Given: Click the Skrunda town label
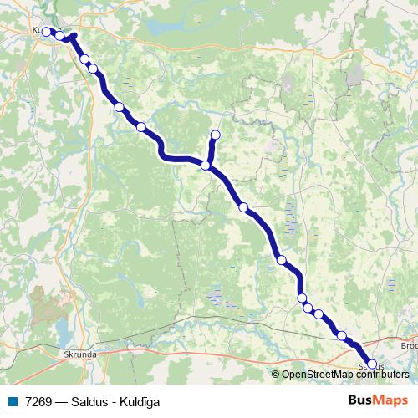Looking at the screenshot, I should click(x=81, y=354).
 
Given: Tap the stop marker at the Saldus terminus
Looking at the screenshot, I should click(x=371, y=364).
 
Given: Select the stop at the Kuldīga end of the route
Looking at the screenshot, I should click(x=47, y=32).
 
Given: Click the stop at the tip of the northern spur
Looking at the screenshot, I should click(x=216, y=135).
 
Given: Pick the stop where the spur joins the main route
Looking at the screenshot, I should click(x=206, y=166).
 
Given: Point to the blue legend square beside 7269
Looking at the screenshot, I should click(x=12, y=402).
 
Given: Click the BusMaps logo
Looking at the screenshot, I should click(x=378, y=400).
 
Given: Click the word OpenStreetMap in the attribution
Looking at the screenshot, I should click(x=317, y=375).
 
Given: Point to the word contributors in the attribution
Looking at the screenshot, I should click(x=382, y=375).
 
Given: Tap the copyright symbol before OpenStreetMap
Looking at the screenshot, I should click(x=275, y=375).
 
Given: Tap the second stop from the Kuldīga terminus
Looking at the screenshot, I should click(x=60, y=36).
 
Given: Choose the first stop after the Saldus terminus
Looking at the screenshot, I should click(x=341, y=336).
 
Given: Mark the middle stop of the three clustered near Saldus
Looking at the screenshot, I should click(x=308, y=308).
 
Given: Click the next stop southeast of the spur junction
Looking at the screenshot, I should click(x=243, y=207).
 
